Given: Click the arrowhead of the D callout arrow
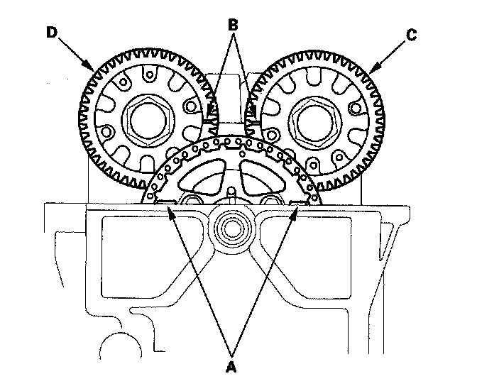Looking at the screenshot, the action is pos(94,70).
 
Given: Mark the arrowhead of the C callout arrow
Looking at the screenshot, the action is pos(370,72).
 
